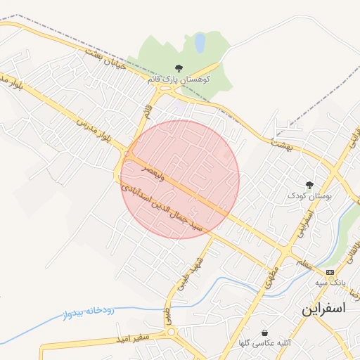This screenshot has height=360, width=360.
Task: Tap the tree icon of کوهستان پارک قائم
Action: pyautogui.click(x=179, y=69)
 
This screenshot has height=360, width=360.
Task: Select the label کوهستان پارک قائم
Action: pyautogui.click(x=176, y=80)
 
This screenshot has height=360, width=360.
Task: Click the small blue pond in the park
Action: pyautogui.click(x=200, y=44)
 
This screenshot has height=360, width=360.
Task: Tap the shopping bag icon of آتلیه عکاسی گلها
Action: pyautogui.click(x=264, y=333)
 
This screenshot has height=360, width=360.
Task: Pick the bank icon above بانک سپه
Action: pyautogui.click(x=330, y=272)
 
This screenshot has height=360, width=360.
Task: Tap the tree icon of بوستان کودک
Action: pyautogui.click(x=309, y=185)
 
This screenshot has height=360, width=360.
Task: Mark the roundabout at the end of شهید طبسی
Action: pyautogui.click(x=169, y=330)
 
